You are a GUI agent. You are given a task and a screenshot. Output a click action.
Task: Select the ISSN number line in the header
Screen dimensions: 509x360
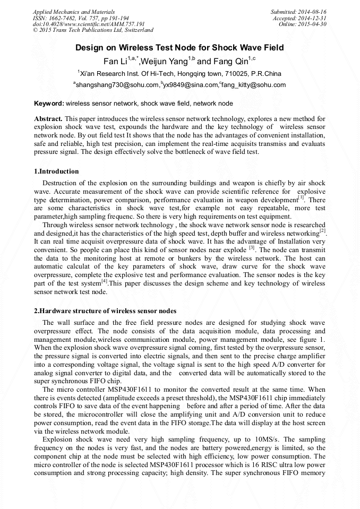tap(80, 18)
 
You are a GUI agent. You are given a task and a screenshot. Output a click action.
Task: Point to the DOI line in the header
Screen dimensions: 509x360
tap(89, 24)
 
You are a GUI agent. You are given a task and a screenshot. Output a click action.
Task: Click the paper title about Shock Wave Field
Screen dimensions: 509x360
tap(179, 48)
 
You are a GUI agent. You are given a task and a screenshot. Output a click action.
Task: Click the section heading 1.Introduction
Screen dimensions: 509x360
tap(56, 171)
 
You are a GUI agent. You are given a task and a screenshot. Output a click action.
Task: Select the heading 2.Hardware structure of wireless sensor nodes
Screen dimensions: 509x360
tap(105, 310)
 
